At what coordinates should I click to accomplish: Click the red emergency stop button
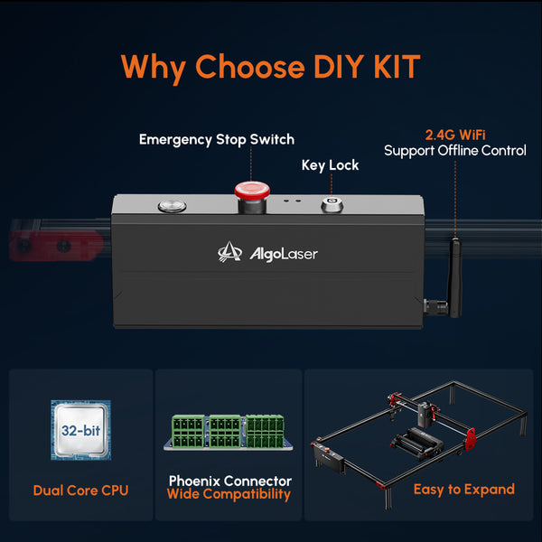[252, 196]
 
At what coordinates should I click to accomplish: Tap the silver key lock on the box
[332, 205]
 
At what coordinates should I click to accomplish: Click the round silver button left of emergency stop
[173, 206]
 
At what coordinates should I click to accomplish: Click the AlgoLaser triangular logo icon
[229, 252]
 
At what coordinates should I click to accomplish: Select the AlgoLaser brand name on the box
[284, 255]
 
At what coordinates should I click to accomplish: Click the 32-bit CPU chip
[81, 430]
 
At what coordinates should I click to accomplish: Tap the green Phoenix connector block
[229, 432]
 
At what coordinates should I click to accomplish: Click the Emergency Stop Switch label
[217, 140]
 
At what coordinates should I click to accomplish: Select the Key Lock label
[330, 165]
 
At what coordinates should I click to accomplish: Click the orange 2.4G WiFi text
[455, 135]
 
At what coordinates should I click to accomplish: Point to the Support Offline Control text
[455, 151]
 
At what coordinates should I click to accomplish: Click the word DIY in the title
[338, 66]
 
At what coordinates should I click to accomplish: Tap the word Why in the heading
[154, 68]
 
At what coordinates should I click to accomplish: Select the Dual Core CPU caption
[81, 491]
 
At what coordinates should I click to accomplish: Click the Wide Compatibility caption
[229, 494]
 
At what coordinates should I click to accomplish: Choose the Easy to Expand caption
[464, 490]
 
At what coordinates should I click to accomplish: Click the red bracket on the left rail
[55, 246]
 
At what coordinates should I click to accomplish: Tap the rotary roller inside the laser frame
[416, 442]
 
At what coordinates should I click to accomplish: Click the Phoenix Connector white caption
[230, 481]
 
